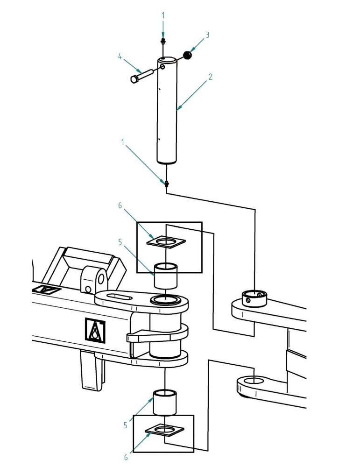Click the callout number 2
(211, 77)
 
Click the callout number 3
(207, 35)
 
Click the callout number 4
(120, 57)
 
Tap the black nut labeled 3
(187, 55)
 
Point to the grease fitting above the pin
(162, 41)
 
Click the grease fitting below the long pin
(166, 184)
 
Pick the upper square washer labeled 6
(166, 241)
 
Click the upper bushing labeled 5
(166, 276)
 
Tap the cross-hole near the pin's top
(162, 66)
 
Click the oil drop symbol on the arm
(95, 331)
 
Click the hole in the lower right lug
(254, 380)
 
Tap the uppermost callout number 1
(163, 15)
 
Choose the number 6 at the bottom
(126, 457)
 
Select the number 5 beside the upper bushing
(120, 242)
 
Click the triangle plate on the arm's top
(47, 290)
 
